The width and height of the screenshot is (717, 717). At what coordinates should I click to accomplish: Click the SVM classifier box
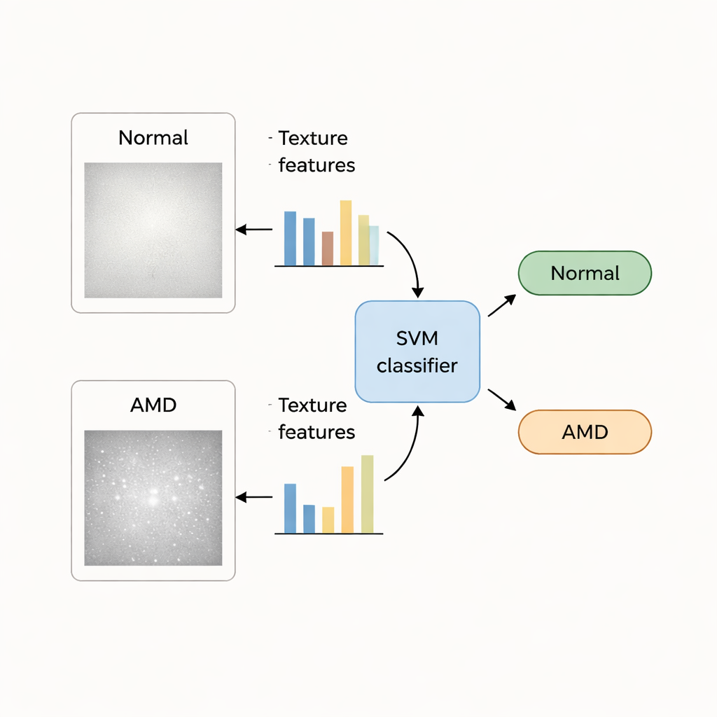coord(417,351)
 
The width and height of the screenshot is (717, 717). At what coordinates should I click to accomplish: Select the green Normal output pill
coord(585,273)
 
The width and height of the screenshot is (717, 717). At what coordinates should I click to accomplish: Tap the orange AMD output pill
coord(585,432)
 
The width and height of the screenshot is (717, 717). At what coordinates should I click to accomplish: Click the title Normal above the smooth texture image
coord(153,137)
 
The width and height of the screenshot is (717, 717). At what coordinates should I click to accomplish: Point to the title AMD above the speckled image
coord(153,405)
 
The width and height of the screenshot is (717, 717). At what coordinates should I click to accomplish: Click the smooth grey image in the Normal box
coord(153,230)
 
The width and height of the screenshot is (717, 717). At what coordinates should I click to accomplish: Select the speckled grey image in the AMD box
coord(153,498)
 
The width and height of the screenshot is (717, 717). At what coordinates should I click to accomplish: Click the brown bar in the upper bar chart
coord(327,249)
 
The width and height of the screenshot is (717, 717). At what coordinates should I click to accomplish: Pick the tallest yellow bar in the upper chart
coord(346,233)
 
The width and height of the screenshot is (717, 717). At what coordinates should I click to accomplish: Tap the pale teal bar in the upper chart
coord(374,245)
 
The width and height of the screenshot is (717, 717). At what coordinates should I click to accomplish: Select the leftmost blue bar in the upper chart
coord(290,238)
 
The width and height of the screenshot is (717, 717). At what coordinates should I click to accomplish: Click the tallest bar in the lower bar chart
coord(367,494)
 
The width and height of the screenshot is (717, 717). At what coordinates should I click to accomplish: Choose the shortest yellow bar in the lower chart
coord(328,520)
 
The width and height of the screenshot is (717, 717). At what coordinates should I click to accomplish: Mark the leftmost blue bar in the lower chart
coord(290,508)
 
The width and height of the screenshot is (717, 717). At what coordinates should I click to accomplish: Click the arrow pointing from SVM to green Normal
coord(502,305)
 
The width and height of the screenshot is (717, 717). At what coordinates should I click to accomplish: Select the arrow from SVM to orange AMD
coord(502,399)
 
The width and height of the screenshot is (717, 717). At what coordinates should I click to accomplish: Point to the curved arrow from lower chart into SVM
coord(411,448)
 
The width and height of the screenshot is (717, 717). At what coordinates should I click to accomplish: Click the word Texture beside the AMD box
coord(312,405)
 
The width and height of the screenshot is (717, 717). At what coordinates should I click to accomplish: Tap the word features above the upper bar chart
coord(316,165)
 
